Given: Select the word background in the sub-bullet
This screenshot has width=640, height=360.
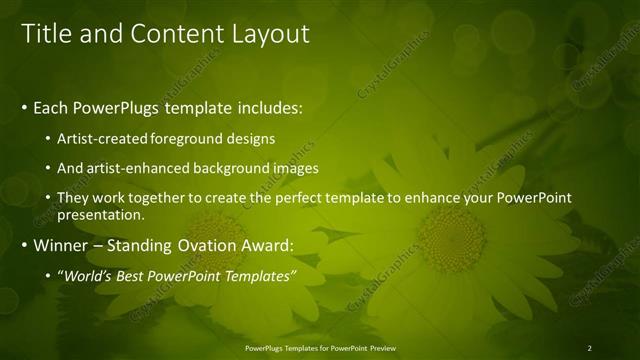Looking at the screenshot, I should (x=235, y=168).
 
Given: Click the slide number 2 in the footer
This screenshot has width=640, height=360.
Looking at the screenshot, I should (x=589, y=348).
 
